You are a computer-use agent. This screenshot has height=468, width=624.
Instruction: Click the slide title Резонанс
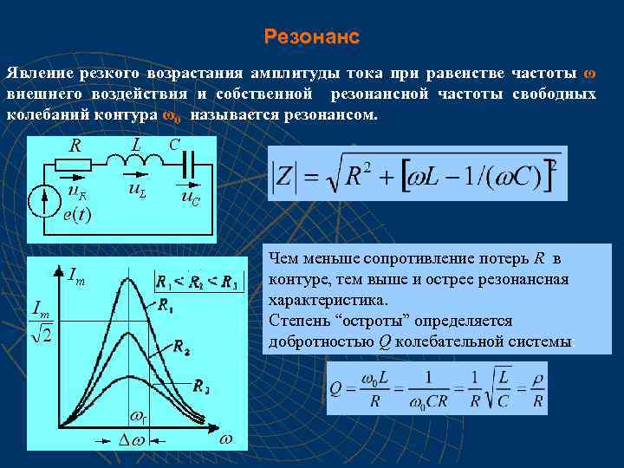pos(311,37)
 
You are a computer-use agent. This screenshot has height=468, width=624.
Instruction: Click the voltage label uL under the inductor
pos(137,187)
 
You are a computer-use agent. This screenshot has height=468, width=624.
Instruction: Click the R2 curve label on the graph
pos(182,347)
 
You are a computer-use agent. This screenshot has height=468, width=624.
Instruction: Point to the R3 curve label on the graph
pos(201,387)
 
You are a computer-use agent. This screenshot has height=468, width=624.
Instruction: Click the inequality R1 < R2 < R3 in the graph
pos(197,281)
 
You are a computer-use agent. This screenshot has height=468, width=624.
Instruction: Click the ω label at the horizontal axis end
pos(226,439)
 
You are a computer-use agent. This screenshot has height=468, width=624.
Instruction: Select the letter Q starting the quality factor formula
pos(339,388)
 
